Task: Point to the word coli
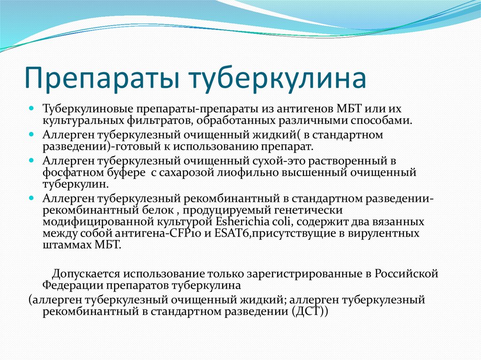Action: [x=291, y=222]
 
